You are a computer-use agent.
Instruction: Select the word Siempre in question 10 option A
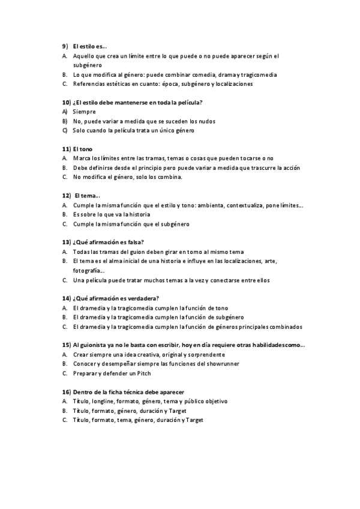84,112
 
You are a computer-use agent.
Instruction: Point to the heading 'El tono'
82,149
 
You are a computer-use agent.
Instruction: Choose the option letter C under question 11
64,177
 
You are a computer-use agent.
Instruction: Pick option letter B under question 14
64,317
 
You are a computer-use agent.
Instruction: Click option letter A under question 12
64,205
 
